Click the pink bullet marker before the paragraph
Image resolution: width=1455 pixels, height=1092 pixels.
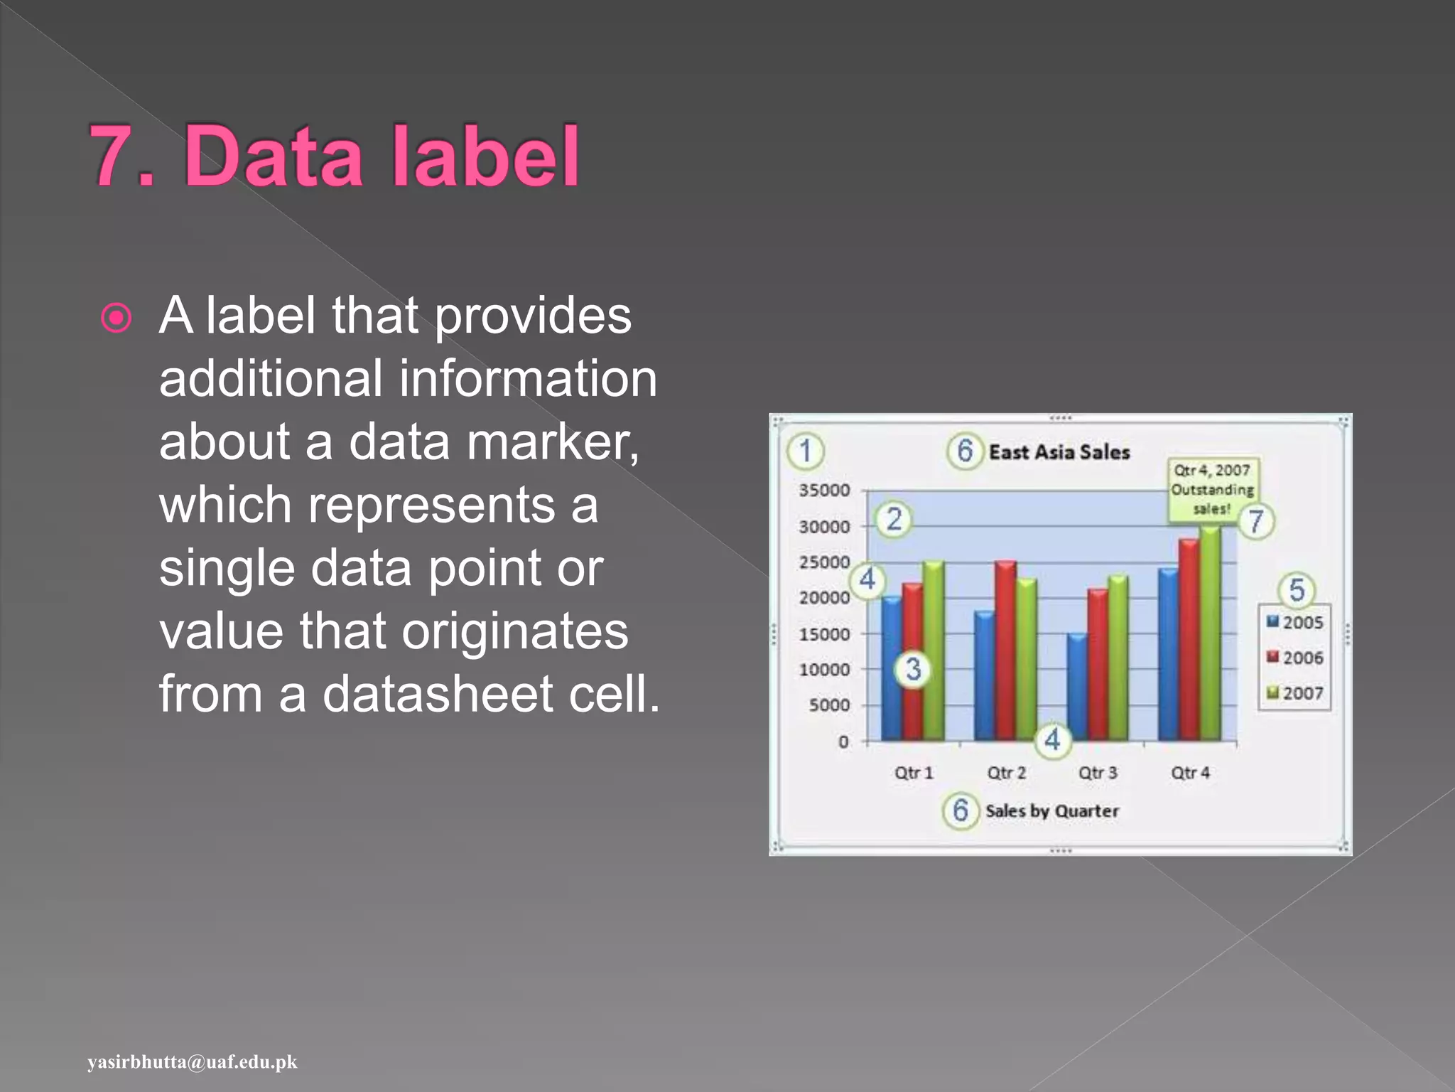(117, 318)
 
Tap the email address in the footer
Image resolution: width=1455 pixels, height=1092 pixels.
(193, 1062)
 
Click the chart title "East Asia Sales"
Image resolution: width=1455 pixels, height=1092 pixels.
(1059, 452)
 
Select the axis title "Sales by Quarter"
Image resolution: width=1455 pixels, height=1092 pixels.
(1051, 811)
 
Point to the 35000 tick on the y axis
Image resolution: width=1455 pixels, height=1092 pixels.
(824, 490)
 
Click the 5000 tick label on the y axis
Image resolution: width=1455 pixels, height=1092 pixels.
(829, 705)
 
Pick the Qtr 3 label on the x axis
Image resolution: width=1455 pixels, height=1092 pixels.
(1098, 773)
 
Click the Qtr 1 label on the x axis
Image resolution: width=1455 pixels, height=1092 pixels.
(914, 773)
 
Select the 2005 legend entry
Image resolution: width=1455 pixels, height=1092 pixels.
(1295, 623)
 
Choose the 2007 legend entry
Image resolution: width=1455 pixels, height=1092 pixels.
(1295, 693)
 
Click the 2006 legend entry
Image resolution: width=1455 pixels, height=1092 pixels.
(1295, 658)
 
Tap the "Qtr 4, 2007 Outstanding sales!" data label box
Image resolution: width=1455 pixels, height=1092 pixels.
(1212, 489)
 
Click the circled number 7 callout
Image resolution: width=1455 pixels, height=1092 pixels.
(1256, 521)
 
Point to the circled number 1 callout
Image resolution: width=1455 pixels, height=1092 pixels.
(805, 451)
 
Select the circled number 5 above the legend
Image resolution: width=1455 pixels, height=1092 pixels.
(1297, 589)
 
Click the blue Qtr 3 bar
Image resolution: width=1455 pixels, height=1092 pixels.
(1077, 686)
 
